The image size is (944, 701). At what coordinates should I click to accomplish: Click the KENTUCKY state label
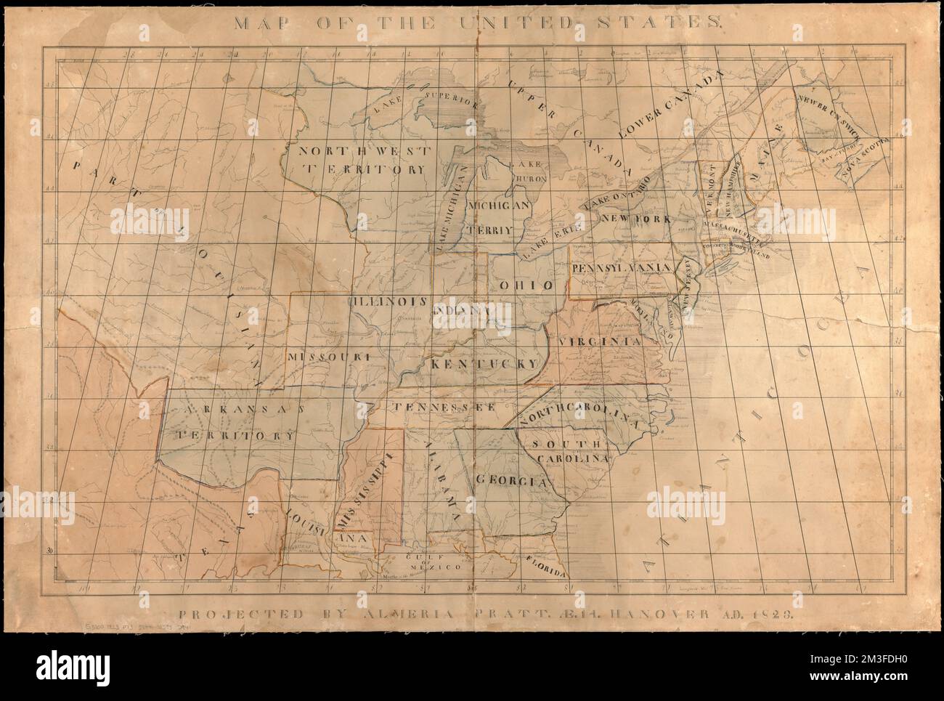[483, 362]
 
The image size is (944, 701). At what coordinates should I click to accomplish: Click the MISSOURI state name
[329, 357]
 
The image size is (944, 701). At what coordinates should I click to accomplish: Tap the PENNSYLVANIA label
[621, 268]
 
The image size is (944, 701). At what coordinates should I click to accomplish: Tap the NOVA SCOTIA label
[863, 157]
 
